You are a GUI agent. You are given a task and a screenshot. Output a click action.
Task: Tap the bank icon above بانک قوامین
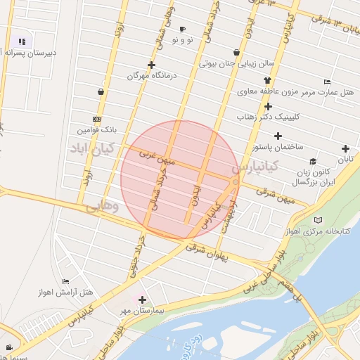click(96, 120)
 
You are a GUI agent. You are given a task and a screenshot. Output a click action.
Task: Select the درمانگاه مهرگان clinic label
click(150, 75)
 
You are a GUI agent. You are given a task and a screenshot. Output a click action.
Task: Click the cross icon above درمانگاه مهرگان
click(151, 65)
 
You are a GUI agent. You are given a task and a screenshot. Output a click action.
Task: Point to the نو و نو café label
click(182, 40)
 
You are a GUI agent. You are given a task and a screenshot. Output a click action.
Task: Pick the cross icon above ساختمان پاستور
click(278, 136)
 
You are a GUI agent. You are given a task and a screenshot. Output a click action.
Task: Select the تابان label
click(345, 159)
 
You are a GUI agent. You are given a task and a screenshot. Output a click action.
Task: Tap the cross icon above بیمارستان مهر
click(143, 300)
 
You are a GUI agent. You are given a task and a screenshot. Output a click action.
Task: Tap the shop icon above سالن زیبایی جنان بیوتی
click(236, 53)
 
